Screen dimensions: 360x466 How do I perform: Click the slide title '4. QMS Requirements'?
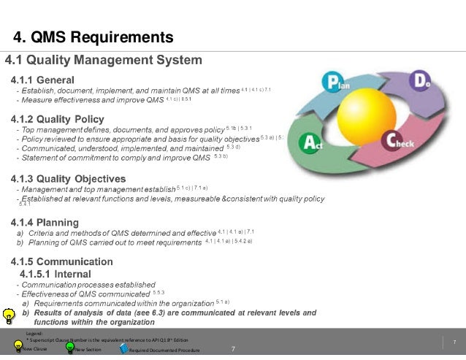coord(93,37)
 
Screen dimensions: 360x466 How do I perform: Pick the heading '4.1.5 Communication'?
coord(61,261)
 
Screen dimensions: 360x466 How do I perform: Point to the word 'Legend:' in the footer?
coord(34,333)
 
